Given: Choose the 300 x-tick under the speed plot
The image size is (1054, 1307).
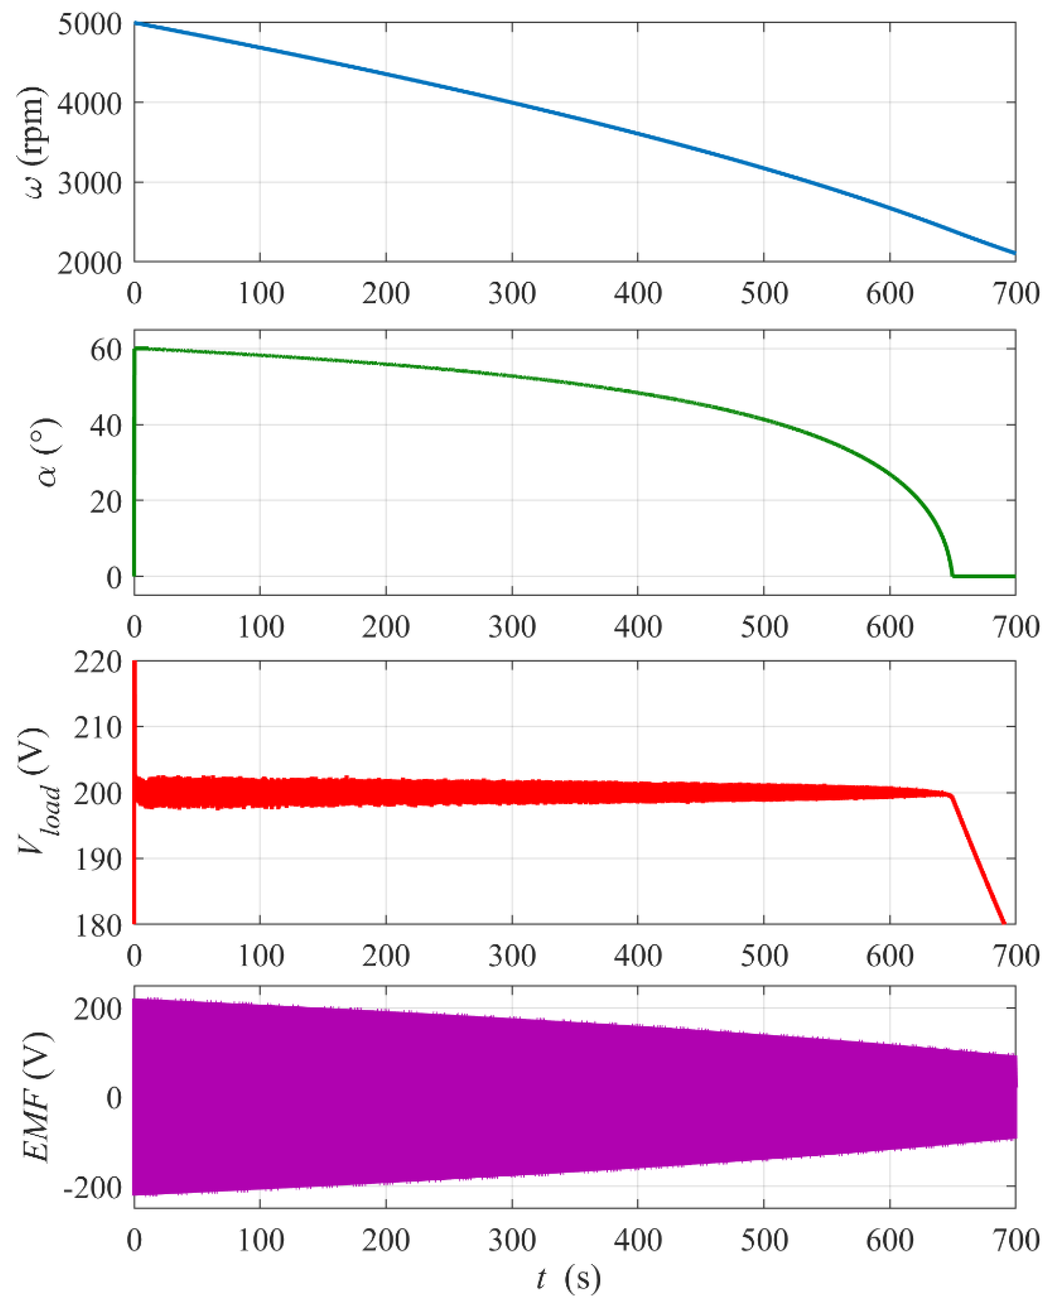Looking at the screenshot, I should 512,294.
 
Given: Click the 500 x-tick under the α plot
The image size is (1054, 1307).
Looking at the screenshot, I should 764,627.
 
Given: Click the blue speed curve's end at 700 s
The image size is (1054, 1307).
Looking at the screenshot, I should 1015,253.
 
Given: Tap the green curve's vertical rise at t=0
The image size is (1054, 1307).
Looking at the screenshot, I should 134,461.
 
